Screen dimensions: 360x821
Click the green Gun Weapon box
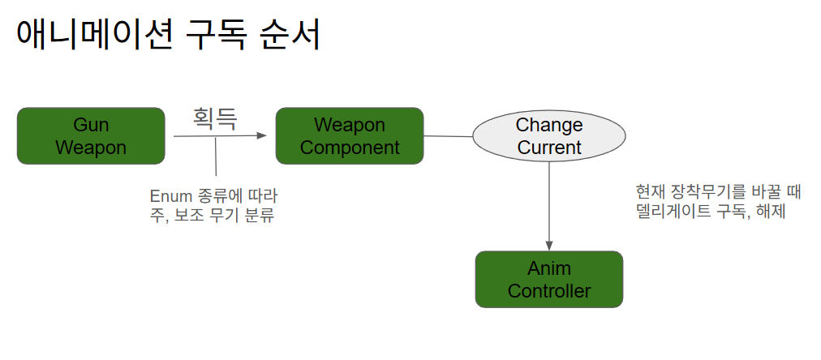click(91, 136)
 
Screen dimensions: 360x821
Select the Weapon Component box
click(350, 136)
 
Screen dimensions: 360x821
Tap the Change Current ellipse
click(549, 136)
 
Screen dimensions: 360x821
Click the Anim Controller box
click(549, 279)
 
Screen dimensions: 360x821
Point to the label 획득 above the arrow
click(215, 118)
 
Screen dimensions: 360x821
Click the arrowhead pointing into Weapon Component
click(262, 135)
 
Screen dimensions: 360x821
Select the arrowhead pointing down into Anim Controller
click(549, 245)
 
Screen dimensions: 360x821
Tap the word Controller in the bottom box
click(549, 290)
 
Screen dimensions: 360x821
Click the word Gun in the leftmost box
click(91, 125)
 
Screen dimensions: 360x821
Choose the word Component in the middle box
click(350, 148)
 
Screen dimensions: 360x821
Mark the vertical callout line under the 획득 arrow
click(216, 158)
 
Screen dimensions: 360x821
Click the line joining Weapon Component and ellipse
click(449, 136)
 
